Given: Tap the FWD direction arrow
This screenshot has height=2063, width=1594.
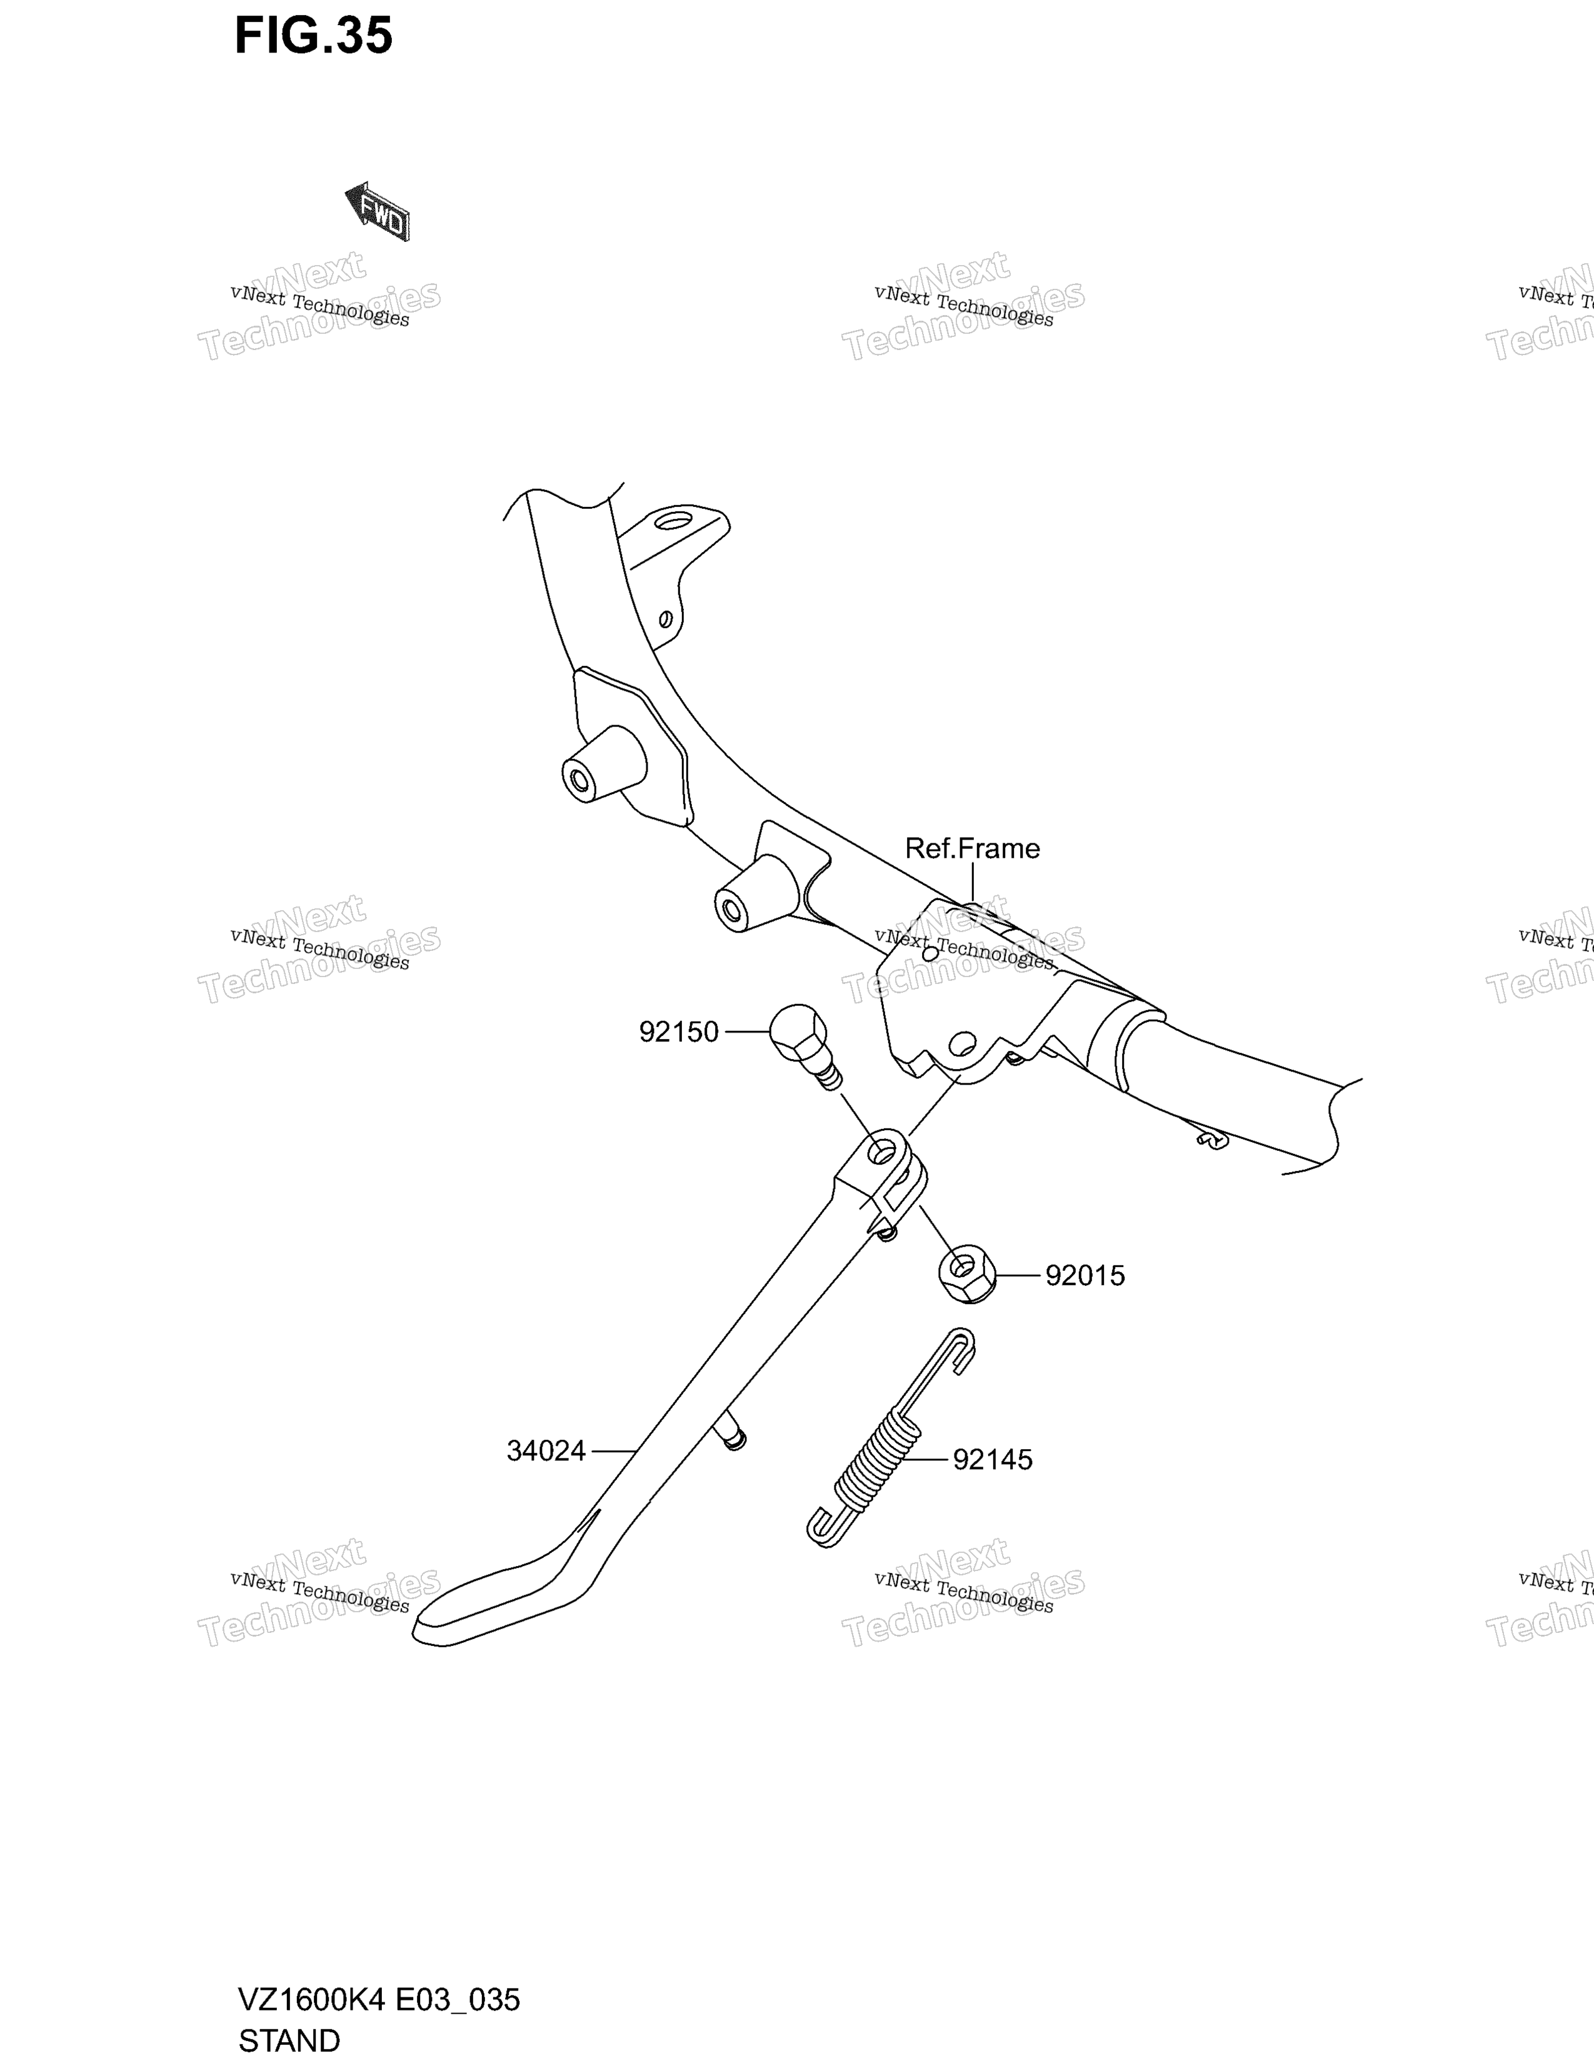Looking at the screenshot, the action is point(377,211).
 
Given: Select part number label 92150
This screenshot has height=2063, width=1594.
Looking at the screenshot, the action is point(678,1033).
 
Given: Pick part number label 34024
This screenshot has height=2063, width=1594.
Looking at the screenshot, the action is point(546,1450).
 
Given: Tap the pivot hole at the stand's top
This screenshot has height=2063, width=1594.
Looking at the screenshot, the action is point(882,1150).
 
